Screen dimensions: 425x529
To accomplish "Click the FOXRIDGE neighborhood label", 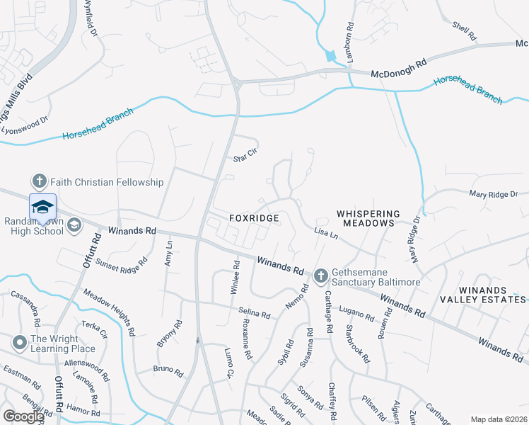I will pos(253,219).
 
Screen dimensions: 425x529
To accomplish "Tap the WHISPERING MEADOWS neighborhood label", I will pos(368,218).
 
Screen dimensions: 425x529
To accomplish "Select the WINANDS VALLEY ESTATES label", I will pos(492,295).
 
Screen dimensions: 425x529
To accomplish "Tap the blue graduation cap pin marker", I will pos(42,207).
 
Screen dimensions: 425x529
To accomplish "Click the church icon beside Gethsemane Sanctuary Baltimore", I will pos(320,274).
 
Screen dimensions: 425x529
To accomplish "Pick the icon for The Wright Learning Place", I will pos(19,344).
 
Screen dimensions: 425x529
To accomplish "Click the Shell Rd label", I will pos(465,30).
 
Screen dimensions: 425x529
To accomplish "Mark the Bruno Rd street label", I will pos(168,369).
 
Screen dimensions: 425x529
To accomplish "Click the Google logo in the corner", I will pos(23,416).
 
